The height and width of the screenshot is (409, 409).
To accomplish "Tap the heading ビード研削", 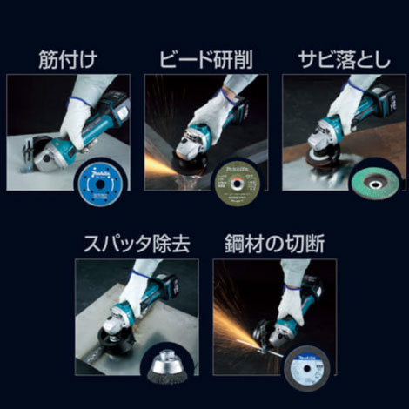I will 206,60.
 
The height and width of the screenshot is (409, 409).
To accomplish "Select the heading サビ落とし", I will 340,60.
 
